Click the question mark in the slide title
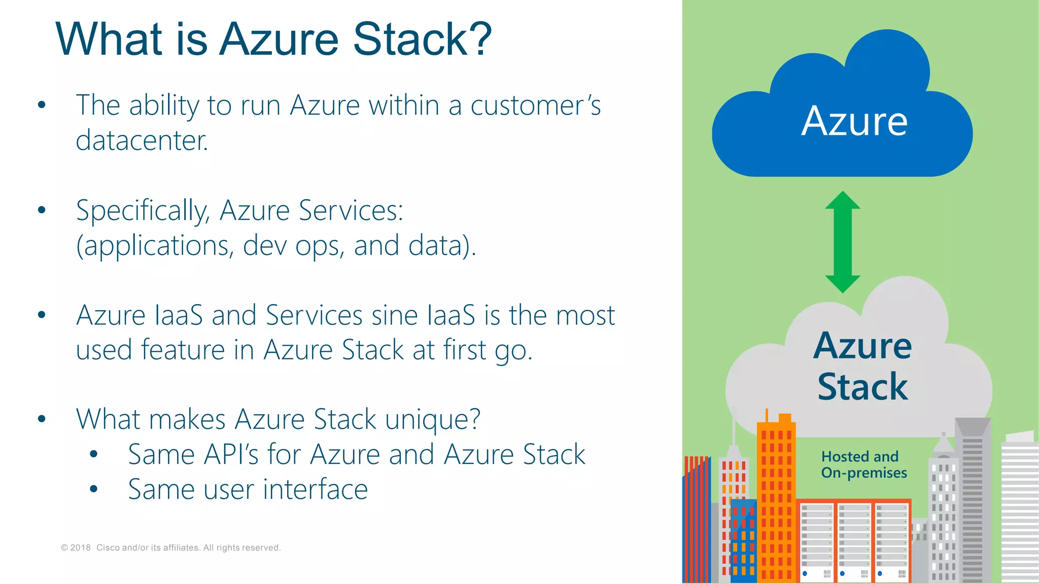click(478, 39)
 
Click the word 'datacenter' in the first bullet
click(141, 140)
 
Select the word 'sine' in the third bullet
click(395, 315)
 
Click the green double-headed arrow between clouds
click(843, 242)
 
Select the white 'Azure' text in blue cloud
click(854, 122)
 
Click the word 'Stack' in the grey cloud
click(862, 387)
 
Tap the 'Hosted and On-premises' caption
click(863, 464)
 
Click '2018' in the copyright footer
click(80, 547)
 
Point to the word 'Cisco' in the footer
click(108, 547)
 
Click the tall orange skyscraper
click(776, 502)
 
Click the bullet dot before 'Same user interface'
click(93, 489)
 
